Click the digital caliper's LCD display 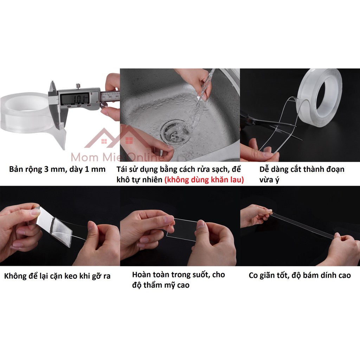(x=75, y=99)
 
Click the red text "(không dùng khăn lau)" (x=204, y=180)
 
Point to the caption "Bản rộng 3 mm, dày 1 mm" (x=57, y=169)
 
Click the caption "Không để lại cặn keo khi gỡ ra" (x=57, y=276)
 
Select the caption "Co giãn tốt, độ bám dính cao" (x=300, y=275)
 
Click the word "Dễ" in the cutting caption (x=264, y=169)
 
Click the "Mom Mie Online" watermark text (x=117, y=157)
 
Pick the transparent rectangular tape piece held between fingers (x=182, y=229)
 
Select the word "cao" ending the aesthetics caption (x=183, y=285)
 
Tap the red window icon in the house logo (x=129, y=140)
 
